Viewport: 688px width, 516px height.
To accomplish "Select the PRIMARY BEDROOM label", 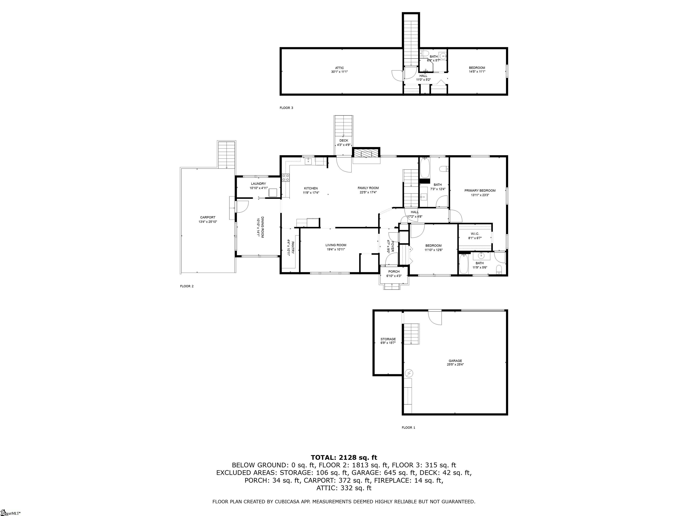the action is click(480, 191).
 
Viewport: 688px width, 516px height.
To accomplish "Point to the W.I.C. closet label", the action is click(475, 234).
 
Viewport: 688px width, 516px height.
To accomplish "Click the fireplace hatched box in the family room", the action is click(366, 153).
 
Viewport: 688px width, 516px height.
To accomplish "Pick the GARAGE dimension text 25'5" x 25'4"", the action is click(455, 365).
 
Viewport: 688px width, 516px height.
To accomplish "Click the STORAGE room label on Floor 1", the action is click(388, 339).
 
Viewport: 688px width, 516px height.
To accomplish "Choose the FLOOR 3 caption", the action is click(286, 108).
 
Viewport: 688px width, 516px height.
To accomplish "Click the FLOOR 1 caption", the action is click(408, 428).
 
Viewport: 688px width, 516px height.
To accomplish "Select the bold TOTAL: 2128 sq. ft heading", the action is click(344, 458).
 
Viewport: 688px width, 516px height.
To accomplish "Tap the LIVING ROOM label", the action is click(336, 245).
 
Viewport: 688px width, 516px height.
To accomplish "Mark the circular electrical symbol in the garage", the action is click(409, 373).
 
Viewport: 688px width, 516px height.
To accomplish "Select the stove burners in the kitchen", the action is click(286, 178).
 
